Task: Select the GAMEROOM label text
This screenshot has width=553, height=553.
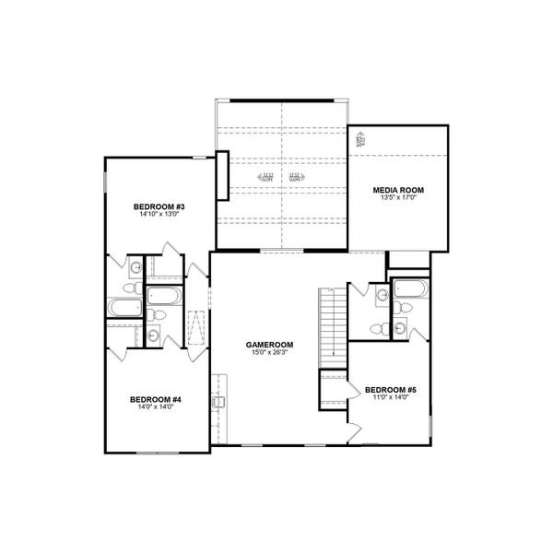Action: pyautogui.click(x=267, y=345)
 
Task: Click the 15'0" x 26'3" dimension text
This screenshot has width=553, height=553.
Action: pyautogui.click(x=267, y=353)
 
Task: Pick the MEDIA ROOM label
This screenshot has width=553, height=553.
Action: pyautogui.click(x=398, y=190)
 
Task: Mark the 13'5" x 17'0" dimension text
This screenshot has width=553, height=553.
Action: pyautogui.click(x=398, y=198)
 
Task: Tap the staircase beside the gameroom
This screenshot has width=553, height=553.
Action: pyautogui.click(x=331, y=327)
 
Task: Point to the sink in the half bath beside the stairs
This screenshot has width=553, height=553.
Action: pyautogui.click(x=382, y=295)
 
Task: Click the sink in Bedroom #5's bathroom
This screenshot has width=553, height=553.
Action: pyautogui.click(x=399, y=326)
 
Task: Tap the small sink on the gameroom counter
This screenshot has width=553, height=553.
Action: pyautogui.click(x=218, y=402)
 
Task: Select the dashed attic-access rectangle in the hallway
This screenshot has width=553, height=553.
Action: pyautogui.click(x=196, y=329)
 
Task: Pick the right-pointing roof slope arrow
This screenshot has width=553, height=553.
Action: pyautogui.click(x=296, y=175)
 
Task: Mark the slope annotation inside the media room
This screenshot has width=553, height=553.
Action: pyautogui.click(x=361, y=140)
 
